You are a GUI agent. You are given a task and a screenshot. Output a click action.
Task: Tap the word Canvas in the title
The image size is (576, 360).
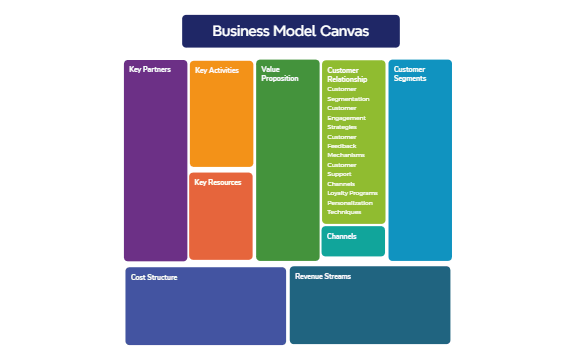(343, 31)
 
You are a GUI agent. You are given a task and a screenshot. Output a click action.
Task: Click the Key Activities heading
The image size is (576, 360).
(216, 71)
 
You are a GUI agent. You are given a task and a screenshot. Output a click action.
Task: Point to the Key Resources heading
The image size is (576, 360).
(217, 182)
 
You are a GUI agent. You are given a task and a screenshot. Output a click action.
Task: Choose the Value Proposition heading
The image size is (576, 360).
(280, 74)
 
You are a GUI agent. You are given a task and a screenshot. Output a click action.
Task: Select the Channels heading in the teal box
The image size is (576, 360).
(342, 237)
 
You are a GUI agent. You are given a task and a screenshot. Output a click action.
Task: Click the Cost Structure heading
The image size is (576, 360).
(154, 277)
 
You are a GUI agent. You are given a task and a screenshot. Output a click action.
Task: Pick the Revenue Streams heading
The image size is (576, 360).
(323, 276)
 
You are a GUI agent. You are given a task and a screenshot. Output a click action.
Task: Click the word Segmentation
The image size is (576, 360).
(348, 99)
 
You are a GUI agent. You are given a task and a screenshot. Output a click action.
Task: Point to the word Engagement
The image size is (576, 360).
(347, 118)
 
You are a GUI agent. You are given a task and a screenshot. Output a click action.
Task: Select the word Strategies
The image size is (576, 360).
(342, 127)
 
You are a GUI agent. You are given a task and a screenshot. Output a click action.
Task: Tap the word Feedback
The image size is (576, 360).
(342, 146)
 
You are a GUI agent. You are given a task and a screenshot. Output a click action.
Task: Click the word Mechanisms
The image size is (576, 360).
(346, 155)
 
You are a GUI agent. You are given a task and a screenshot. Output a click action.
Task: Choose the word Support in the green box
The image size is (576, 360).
(340, 174)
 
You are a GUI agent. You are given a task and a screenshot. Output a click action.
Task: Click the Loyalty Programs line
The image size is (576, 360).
(352, 193)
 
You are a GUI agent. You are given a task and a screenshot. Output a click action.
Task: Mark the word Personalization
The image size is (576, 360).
(349, 203)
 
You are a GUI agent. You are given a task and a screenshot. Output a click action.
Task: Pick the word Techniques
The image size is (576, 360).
(344, 212)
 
